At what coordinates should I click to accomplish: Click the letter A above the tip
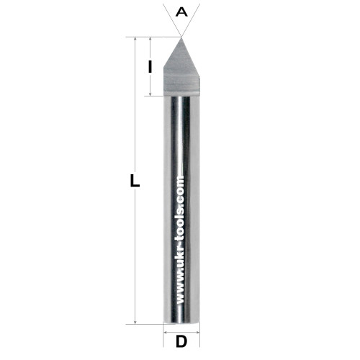pos(181,12)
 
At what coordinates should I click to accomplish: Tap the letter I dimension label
pos(150,66)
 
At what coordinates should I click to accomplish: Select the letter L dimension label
pos(135,181)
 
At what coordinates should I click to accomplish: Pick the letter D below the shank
pos(181,341)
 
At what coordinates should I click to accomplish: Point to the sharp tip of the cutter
pos(181,37)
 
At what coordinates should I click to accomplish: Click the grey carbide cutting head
pos(181,70)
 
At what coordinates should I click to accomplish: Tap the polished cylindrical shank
pos(181,210)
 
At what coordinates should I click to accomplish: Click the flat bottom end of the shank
pos(181,323)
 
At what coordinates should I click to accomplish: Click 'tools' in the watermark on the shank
pos(181,223)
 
